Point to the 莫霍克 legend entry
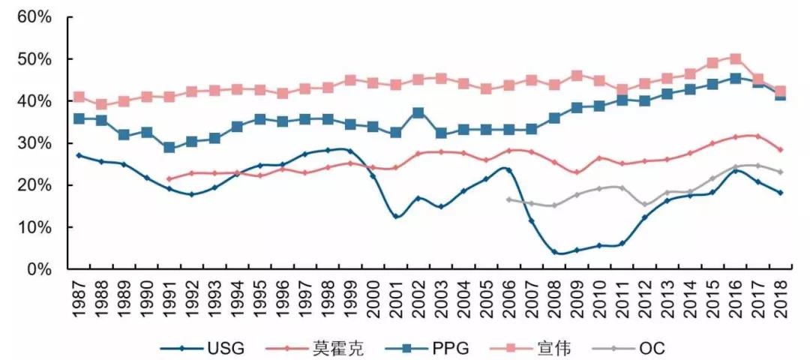click(x=335, y=347)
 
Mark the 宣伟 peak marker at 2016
click(x=735, y=58)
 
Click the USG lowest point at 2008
click(x=554, y=252)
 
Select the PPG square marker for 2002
click(x=418, y=113)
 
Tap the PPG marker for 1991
click(x=169, y=148)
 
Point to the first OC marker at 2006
click(x=508, y=199)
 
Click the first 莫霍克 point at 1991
click(x=169, y=178)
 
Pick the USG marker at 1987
click(x=79, y=155)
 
